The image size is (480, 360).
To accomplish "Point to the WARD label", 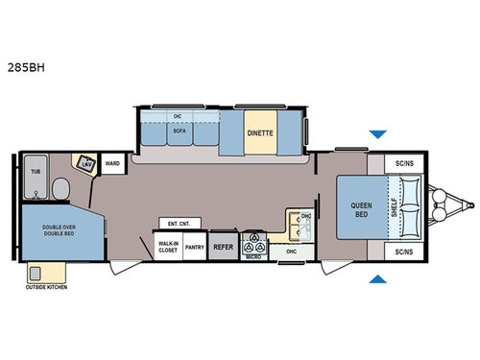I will pos(112,163).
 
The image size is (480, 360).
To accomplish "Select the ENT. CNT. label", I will pos(179,224).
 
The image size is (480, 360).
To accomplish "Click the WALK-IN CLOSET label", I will pos(168,247).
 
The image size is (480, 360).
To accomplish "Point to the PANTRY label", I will pos(194,247).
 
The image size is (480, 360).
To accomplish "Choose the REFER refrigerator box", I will pos(224,247).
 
